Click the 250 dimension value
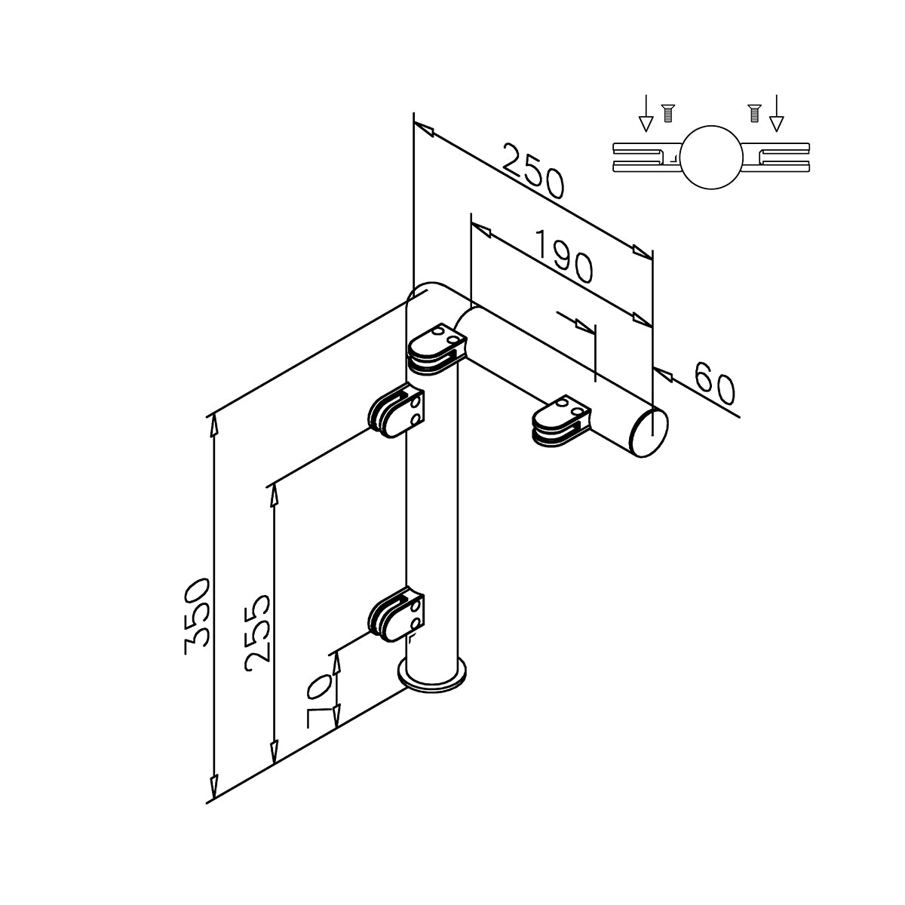point(534,173)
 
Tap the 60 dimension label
point(713,383)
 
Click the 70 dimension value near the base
point(320,701)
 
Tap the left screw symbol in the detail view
point(665,114)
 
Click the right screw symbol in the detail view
point(753,114)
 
